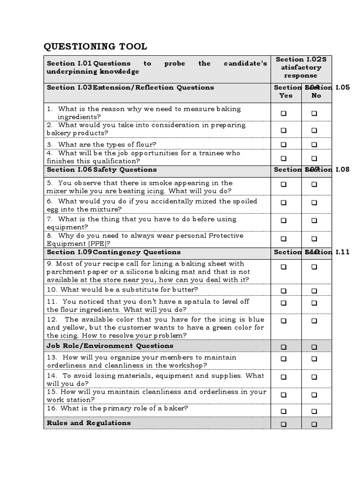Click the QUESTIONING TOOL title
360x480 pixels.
tap(95, 46)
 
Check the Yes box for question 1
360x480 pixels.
tap(284, 113)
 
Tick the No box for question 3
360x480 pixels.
tap(314, 145)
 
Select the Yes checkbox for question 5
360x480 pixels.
tap(284, 185)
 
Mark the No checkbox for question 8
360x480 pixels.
tap(314, 239)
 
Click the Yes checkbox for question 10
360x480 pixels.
tap(284, 291)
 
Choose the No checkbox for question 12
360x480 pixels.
tap(314, 321)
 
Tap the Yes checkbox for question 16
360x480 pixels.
tap(284, 411)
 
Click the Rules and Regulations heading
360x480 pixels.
tap(89, 423)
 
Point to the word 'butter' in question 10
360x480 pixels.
tap(186, 290)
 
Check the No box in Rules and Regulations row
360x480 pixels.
tap(314, 424)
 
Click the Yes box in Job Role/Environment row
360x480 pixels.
tap(284, 347)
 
